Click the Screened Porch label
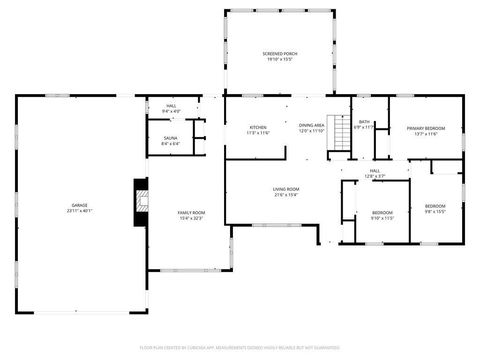coord(280,53)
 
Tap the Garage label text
coord(79,205)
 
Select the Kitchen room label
coord(258,127)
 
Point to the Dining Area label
coord(312,125)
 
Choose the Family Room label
coord(191,213)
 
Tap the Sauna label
coord(170,138)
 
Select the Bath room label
coord(364,122)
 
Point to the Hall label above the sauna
coord(171,106)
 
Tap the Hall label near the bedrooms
coord(375,171)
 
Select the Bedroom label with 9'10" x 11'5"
coord(382,212)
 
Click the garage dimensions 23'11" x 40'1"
coord(79,211)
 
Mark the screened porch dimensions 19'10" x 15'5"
coord(280,60)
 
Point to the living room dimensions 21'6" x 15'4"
coord(286,195)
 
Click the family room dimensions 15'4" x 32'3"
coord(191,219)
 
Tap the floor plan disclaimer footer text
coord(240,347)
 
